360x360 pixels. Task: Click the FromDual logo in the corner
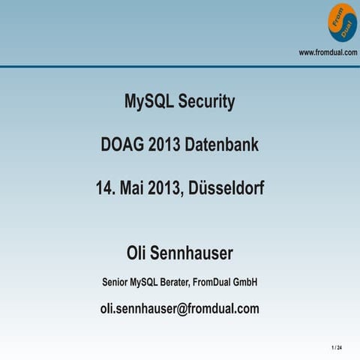coord(341,22)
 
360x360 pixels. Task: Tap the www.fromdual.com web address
coord(328,52)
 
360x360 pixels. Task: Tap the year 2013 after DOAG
coord(164,144)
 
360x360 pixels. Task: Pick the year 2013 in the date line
coord(172,187)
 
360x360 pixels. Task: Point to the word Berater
coord(172,282)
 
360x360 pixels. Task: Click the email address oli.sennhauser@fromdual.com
coord(180,308)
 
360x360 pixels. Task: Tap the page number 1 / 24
coord(336,349)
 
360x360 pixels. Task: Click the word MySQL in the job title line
coord(144,282)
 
